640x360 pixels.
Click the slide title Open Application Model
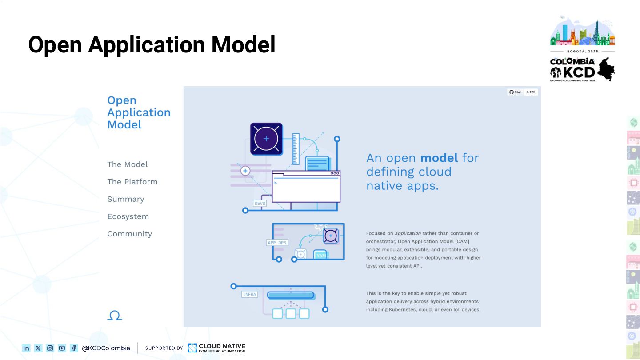click(x=152, y=45)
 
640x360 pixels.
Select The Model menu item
click(x=127, y=164)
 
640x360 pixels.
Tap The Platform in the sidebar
click(x=132, y=182)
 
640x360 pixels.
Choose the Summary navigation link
click(x=125, y=199)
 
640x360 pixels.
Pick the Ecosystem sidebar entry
click(x=128, y=216)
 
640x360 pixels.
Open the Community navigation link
click(x=129, y=234)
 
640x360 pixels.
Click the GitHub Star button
click(x=515, y=92)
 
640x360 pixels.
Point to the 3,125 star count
click(x=531, y=92)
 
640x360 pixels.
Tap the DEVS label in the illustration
click(x=260, y=204)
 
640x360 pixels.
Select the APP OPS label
click(x=277, y=243)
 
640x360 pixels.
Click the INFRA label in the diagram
click(x=249, y=294)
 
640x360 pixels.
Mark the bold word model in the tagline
click(x=439, y=158)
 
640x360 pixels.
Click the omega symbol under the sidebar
click(x=115, y=316)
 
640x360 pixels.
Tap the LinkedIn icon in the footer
click(x=26, y=348)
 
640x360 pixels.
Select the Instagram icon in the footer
click(x=50, y=348)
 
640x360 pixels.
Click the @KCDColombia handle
click(x=106, y=348)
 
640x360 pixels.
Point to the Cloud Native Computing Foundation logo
click(x=216, y=348)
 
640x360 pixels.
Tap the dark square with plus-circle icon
click(x=266, y=139)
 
